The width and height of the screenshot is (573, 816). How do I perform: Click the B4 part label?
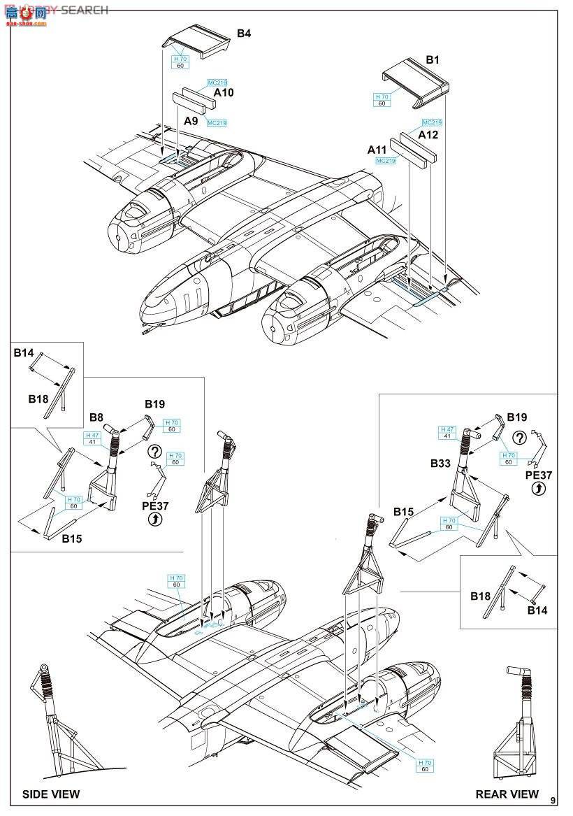(x=244, y=33)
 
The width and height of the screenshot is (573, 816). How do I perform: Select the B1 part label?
(x=433, y=60)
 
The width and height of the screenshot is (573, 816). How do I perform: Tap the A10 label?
(x=224, y=92)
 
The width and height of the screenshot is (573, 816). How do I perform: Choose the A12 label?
(x=428, y=134)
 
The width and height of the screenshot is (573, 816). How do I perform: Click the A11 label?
(x=377, y=150)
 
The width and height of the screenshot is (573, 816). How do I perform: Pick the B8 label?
(x=96, y=417)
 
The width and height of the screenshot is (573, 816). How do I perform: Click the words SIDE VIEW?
(x=51, y=794)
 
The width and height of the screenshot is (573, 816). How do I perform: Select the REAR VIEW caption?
(x=507, y=794)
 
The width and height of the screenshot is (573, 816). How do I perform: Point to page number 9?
(x=553, y=800)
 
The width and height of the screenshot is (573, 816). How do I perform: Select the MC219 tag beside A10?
(x=217, y=83)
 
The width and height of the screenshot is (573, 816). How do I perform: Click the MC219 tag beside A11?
(x=386, y=161)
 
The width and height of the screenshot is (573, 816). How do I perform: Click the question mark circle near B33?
(x=518, y=438)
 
